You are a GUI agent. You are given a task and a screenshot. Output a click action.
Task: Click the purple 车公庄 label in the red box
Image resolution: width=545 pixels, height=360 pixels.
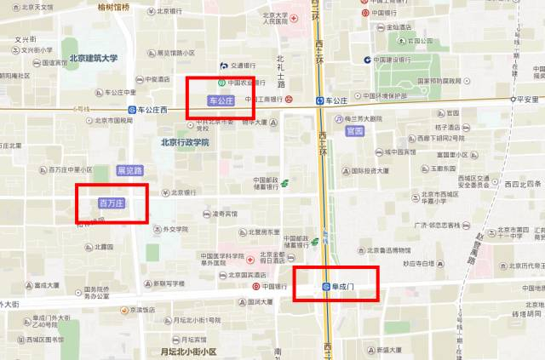coord(219,100)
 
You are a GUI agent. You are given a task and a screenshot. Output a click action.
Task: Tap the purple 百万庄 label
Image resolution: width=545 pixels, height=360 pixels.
coord(112,203)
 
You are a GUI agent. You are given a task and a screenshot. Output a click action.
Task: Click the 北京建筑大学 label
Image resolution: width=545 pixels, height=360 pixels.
coord(94,58)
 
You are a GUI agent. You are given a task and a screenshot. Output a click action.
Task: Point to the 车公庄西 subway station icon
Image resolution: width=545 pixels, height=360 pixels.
coord(132,110)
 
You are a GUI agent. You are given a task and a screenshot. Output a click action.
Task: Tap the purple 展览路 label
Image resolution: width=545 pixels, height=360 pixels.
coord(130,169)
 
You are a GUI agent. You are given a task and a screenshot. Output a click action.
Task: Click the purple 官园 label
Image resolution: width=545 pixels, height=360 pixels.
coord(354,131)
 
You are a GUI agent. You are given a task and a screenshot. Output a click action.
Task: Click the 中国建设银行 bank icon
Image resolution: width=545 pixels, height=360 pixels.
coord(367,60)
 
